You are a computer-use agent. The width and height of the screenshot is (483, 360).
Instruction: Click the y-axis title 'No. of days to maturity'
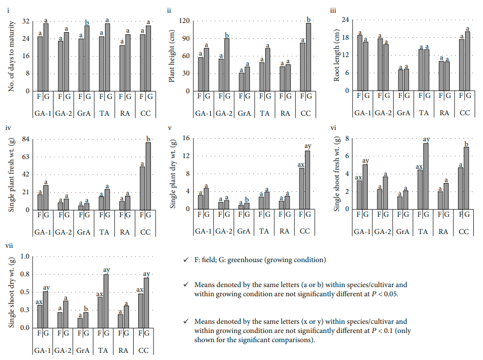[x=11, y=56]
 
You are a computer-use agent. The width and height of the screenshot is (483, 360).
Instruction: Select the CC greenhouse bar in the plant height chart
[x=308, y=57]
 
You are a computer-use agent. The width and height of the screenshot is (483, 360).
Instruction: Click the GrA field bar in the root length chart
[x=401, y=80]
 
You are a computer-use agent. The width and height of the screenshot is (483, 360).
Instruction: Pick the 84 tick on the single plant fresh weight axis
[x=22, y=139]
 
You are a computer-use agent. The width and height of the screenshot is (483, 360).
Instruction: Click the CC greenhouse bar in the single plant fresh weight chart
[x=148, y=176]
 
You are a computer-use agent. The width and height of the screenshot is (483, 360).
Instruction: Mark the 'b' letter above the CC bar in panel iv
[x=148, y=139]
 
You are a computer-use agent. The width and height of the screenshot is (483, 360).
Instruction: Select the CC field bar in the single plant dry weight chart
[x=302, y=189]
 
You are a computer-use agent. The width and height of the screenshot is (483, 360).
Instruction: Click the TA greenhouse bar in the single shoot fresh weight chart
[x=425, y=176]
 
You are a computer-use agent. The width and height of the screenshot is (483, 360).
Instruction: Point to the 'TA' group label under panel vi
[x=422, y=231]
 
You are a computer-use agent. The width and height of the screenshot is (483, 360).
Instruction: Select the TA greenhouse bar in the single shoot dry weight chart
[x=106, y=301]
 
